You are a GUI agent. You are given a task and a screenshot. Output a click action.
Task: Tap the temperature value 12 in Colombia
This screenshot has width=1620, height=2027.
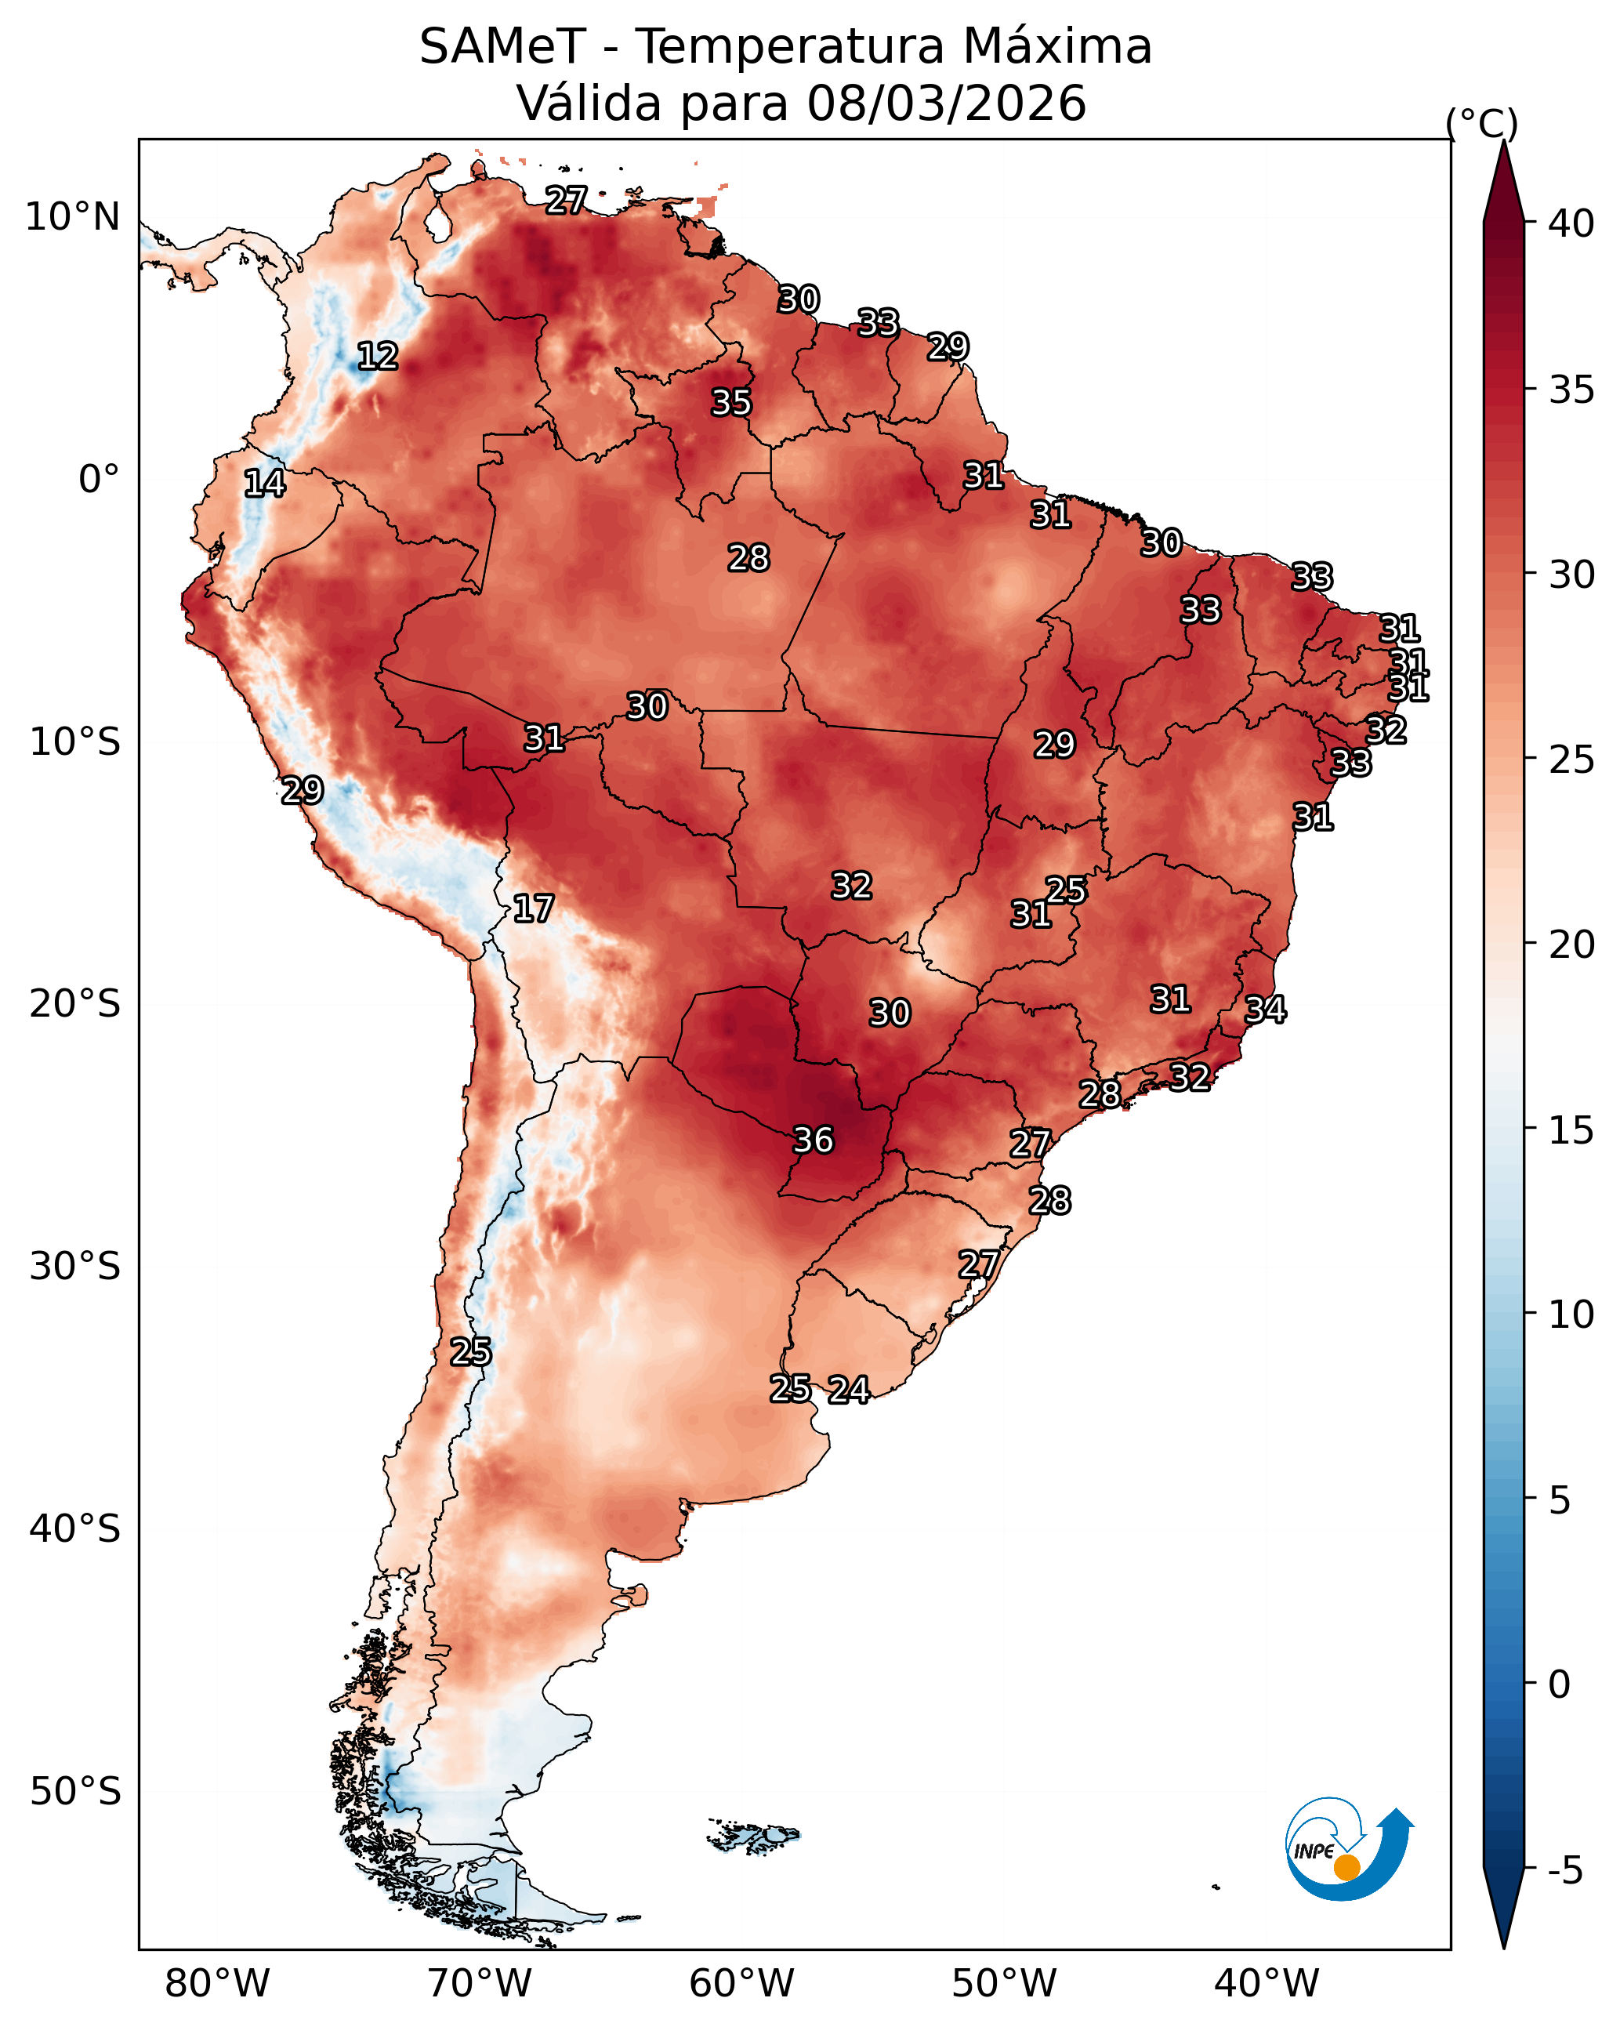(378, 357)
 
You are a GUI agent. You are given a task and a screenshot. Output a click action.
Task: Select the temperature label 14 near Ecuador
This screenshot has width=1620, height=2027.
(264, 484)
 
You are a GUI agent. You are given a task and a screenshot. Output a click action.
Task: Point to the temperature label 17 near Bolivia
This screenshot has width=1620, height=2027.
(533, 908)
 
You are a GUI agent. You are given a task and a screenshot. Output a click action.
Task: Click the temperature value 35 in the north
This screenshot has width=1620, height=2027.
(731, 402)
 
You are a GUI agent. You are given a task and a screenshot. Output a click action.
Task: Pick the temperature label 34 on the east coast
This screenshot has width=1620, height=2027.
(1266, 1010)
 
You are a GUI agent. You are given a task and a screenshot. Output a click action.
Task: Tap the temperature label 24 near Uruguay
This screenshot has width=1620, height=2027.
(849, 1390)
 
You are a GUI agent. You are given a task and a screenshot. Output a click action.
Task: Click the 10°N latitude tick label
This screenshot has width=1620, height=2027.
(72, 217)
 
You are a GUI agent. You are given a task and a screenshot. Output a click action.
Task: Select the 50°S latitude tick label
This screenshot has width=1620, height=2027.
(75, 1792)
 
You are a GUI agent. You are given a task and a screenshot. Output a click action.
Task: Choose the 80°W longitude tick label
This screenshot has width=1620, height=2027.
(217, 1984)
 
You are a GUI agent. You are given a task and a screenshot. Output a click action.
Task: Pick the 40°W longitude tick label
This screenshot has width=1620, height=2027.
(1267, 1984)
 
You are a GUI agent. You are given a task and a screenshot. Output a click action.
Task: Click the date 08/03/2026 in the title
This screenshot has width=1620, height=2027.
(946, 103)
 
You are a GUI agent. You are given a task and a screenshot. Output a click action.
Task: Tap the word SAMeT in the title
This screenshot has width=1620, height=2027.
(502, 46)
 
